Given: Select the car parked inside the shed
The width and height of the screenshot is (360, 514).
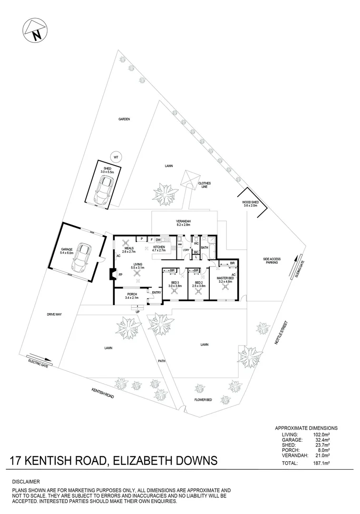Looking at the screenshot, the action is (104, 188).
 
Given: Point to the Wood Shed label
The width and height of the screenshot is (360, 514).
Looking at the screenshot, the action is (250, 204).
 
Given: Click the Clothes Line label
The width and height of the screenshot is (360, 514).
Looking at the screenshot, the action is (204, 185).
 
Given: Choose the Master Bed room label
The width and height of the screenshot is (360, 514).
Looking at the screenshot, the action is (225, 280).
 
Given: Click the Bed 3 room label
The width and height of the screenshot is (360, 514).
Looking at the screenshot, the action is (175, 285).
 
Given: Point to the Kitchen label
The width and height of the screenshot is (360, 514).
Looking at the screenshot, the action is (158, 247).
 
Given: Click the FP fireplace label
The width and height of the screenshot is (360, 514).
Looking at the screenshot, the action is (120, 275).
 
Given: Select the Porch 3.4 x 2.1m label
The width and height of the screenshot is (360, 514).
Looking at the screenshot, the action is (131, 296).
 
